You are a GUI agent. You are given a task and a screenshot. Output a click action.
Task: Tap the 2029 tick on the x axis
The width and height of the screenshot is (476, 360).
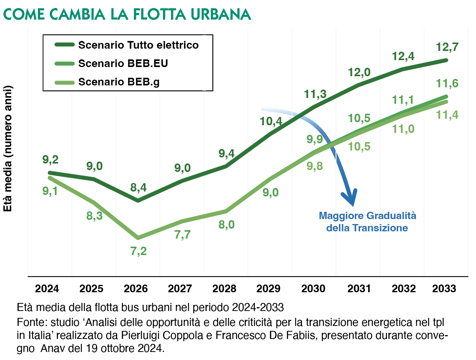(x=269, y=288)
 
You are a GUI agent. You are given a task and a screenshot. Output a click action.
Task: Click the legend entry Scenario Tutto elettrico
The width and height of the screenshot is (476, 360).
(x=138, y=45)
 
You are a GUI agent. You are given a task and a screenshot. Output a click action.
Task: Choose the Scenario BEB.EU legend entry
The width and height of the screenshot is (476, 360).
(x=123, y=64)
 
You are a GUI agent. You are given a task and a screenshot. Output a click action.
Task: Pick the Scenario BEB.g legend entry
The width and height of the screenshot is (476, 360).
(x=119, y=82)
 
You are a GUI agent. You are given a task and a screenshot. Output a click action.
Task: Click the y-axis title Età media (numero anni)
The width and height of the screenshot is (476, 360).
(x=8, y=148)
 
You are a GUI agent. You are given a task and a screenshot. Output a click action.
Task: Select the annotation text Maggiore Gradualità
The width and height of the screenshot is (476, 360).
(x=367, y=216)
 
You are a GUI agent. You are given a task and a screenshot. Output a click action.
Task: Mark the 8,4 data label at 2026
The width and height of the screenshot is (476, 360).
(x=139, y=188)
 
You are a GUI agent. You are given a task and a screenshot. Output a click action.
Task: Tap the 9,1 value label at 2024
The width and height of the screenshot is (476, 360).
(x=50, y=191)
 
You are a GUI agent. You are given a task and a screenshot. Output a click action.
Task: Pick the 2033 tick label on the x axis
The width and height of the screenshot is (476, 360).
(x=444, y=288)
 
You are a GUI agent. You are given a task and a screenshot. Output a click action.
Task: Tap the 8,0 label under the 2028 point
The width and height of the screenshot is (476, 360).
(x=227, y=224)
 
